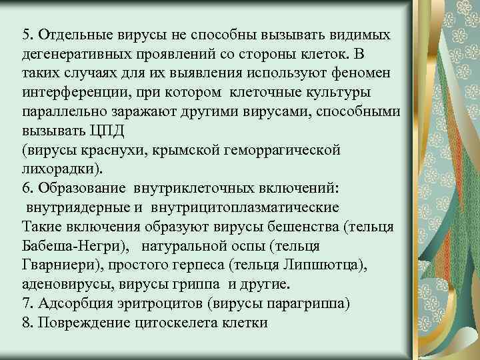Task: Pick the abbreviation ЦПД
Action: (x=93, y=131)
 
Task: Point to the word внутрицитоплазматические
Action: (x=245, y=207)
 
